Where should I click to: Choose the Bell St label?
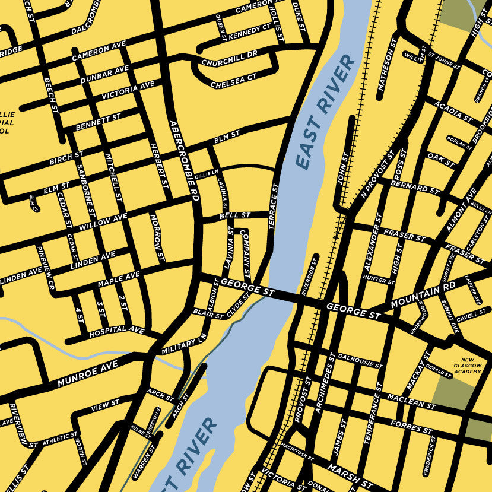click(235, 215)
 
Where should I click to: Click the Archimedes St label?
click(325, 380)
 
